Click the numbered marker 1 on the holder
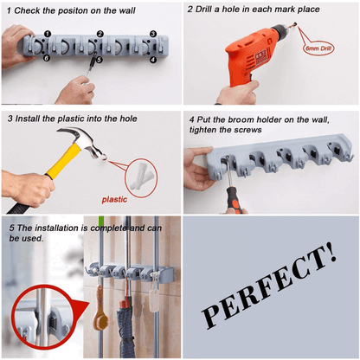tap(48, 33)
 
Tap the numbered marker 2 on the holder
tap(100, 34)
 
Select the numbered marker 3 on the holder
tap(153, 34)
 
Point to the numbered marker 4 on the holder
tap(153, 60)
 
